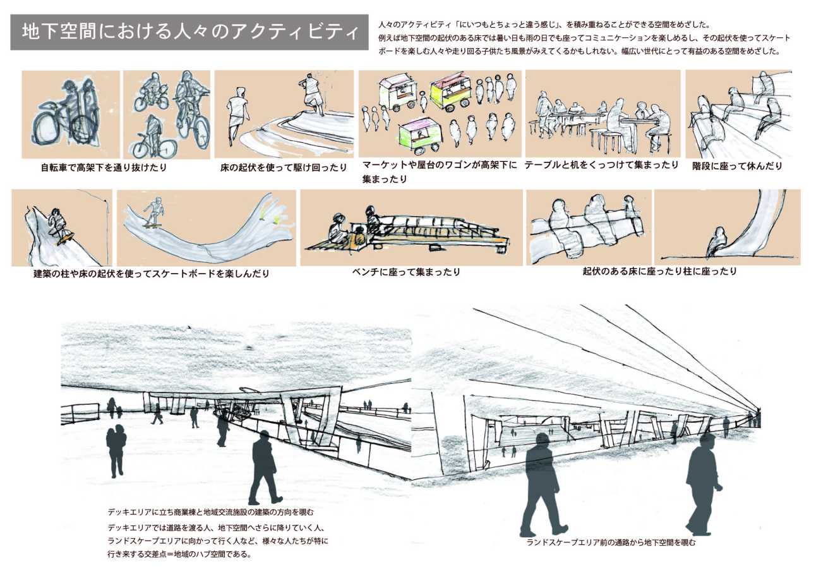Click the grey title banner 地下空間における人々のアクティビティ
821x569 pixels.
(x=189, y=32)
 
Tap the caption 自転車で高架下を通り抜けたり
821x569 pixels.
(x=104, y=168)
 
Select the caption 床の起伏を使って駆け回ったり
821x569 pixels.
(x=284, y=168)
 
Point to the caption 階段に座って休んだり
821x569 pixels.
(x=737, y=166)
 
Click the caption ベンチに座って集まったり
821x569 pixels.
(x=406, y=272)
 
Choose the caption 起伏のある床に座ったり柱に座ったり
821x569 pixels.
(x=660, y=271)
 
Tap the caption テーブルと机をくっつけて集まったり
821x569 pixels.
(x=601, y=165)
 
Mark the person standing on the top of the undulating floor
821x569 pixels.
(x=311, y=94)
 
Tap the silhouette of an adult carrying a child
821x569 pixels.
(x=116, y=451)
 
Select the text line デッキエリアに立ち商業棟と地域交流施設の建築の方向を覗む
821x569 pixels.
(x=211, y=512)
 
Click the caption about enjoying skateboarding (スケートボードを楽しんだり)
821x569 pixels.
(x=152, y=274)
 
